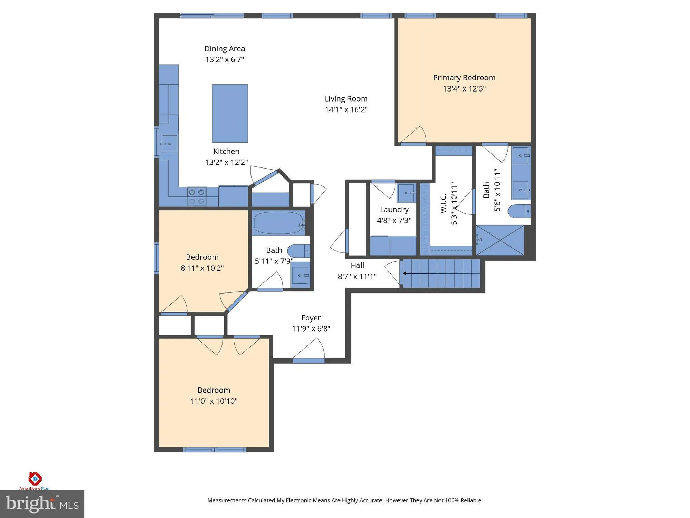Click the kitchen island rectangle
pyautogui.click(x=230, y=113)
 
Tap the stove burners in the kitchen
pyautogui.click(x=197, y=196)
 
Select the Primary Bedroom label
pyautogui.click(x=464, y=78)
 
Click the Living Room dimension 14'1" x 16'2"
pyautogui.click(x=346, y=109)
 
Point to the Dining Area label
pyautogui.click(x=225, y=49)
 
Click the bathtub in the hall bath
pyautogui.click(x=278, y=223)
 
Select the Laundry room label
pyautogui.click(x=394, y=210)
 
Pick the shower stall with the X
pyautogui.click(x=500, y=240)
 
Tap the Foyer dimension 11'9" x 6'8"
pyautogui.click(x=311, y=328)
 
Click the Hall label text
pyautogui.click(x=357, y=265)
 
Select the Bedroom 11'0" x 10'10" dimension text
pyautogui.click(x=214, y=401)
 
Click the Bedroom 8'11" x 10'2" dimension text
pyautogui.click(x=202, y=268)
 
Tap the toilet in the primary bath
pyautogui.click(x=519, y=211)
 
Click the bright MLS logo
pyautogui.click(x=42, y=504)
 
